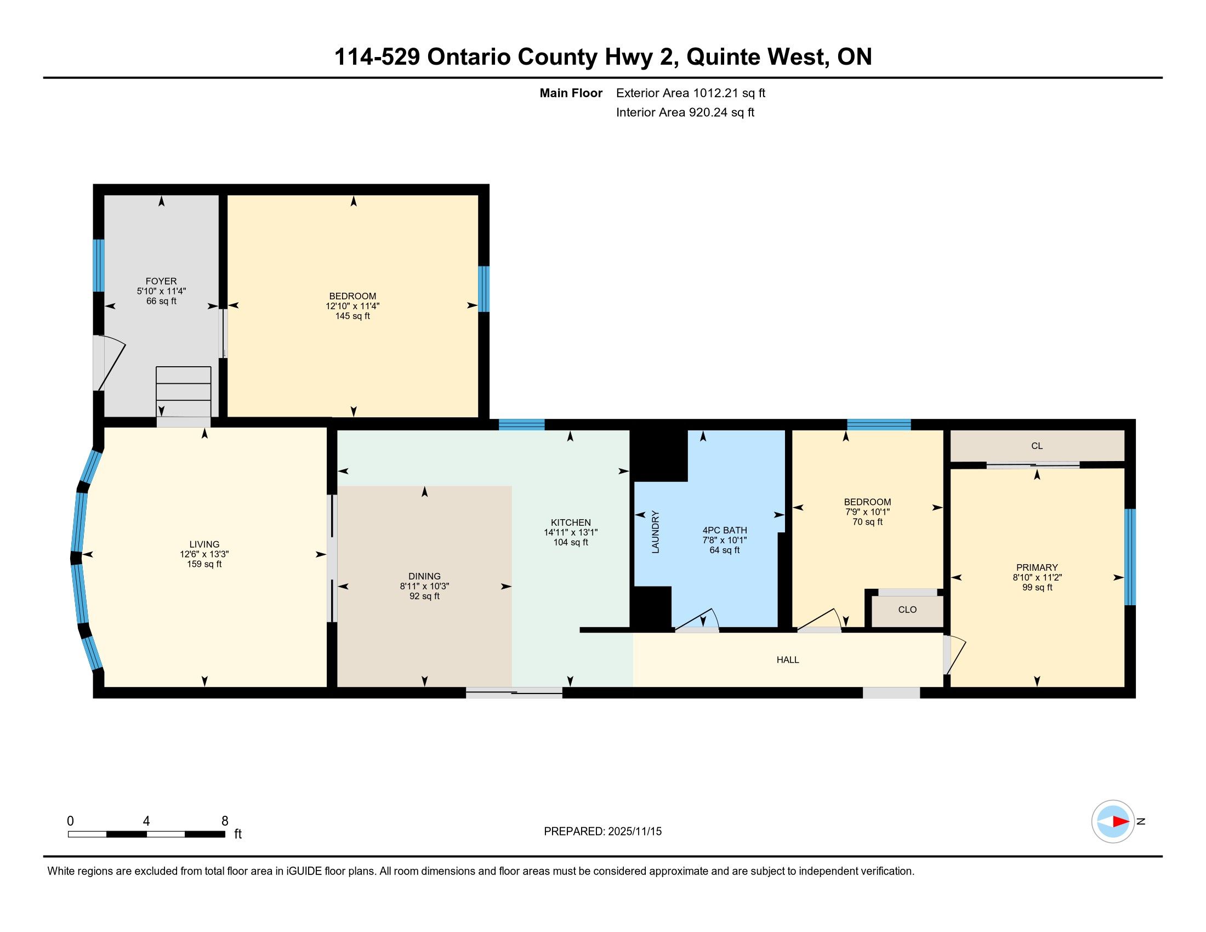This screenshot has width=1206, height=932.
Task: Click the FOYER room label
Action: coord(161,281)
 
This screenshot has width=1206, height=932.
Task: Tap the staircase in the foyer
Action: coord(183,391)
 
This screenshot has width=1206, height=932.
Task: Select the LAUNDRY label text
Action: coord(656,532)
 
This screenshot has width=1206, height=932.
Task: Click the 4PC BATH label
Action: coord(725,530)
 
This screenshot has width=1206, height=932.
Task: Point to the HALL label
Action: coord(787,660)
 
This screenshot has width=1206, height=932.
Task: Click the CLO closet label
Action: coord(907,610)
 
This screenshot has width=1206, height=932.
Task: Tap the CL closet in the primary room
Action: coord(1037,446)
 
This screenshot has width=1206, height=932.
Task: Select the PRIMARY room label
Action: coord(1037,567)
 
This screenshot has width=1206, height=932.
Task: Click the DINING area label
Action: coord(425,576)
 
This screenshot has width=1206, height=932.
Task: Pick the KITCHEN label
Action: coord(571,522)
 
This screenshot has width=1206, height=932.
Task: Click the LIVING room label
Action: coord(204,544)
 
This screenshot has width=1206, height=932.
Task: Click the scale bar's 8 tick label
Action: coord(225,821)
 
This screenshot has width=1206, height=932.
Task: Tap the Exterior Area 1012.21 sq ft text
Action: coord(691,93)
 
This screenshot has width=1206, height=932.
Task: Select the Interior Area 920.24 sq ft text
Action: coord(685,112)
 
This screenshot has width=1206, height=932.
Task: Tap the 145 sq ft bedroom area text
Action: coord(352,316)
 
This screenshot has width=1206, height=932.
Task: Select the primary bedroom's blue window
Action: coord(1130,556)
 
